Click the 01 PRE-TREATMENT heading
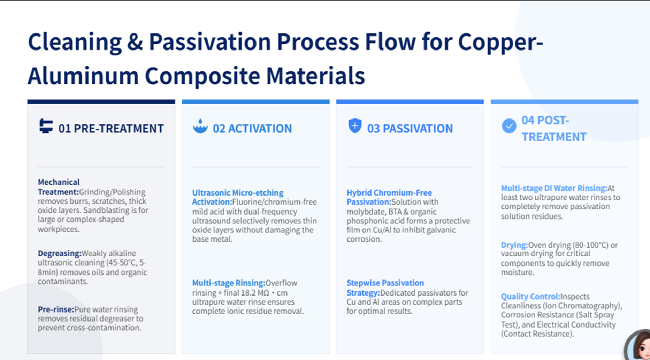point(111,129)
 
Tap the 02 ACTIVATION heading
point(252,129)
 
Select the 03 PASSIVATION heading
point(410,129)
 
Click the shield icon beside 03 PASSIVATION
point(355,126)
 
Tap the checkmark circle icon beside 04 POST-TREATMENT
point(509,126)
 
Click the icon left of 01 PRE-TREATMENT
point(46,126)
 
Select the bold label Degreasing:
point(60,253)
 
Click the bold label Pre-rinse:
point(56,309)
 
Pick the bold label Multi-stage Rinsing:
point(229,283)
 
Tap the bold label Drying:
point(514,245)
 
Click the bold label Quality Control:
point(530,297)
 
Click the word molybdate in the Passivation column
point(364,212)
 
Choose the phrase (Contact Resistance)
point(538,334)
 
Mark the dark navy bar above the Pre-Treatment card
point(101,102)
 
